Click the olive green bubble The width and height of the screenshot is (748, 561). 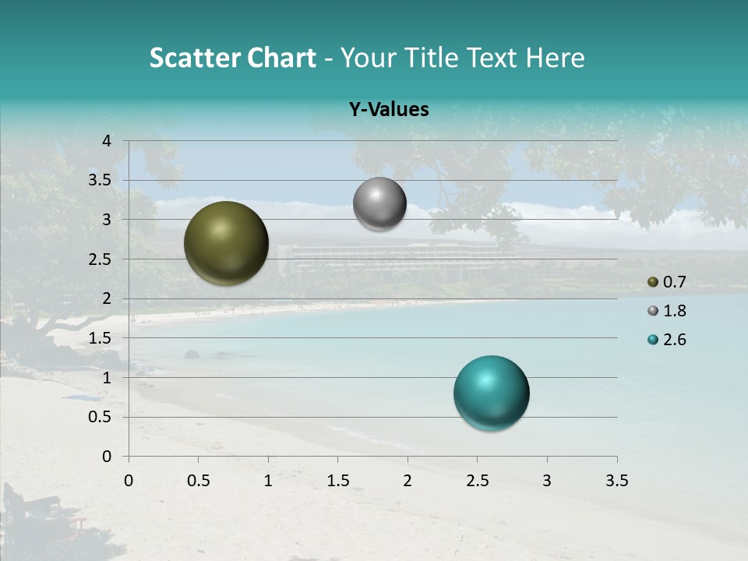(x=226, y=243)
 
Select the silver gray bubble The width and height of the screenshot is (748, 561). (x=379, y=204)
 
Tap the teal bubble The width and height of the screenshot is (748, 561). (x=491, y=393)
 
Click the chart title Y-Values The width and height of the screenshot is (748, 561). (x=388, y=110)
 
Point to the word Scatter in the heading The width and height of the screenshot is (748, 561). (x=194, y=58)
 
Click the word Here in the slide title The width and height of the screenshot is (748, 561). (x=555, y=58)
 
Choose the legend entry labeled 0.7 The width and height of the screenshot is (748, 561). (x=666, y=282)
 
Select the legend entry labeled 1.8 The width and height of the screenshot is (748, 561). (x=666, y=311)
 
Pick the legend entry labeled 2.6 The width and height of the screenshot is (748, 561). (x=666, y=340)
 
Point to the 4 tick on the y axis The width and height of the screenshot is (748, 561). (x=108, y=141)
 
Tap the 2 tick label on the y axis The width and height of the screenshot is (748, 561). (x=108, y=298)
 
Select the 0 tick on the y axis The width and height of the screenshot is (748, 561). (x=108, y=457)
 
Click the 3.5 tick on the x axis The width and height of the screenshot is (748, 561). (x=617, y=481)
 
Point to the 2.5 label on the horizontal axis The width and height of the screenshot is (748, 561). (x=477, y=481)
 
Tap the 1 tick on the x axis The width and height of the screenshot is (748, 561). (x=268, y=481)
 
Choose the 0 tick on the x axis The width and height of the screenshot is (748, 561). (x=129, y=481)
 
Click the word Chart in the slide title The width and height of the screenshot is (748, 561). (x=281, y=58)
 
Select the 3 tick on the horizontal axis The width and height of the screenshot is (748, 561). (x=547, y=481)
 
